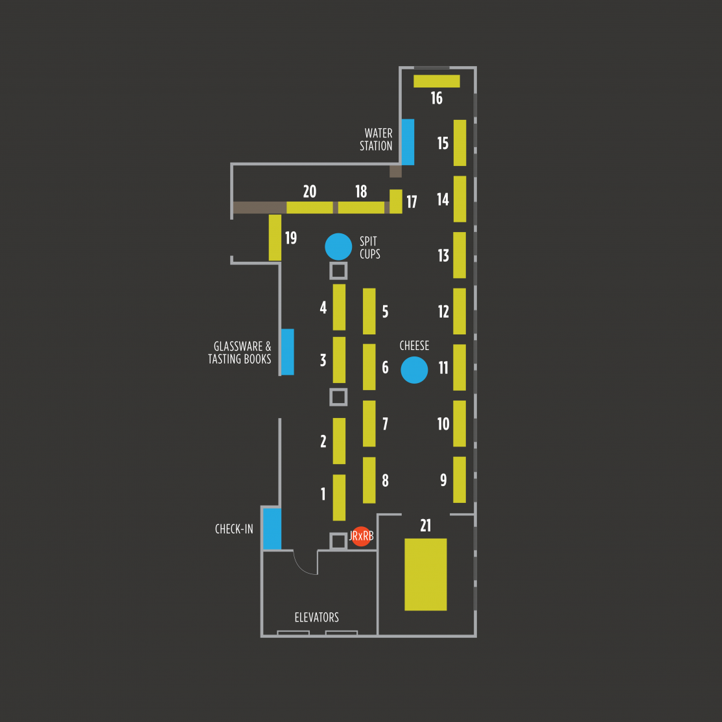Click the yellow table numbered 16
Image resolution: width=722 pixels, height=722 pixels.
pyautogui.click(x=437, y=81)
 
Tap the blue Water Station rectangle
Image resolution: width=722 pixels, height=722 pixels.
pyautogui.click(x=408, y=142)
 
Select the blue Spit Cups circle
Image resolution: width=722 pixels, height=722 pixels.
pyautogui.click(x=338, y=247)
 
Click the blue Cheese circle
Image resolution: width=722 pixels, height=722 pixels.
pyautogui.click(x=414, y=369)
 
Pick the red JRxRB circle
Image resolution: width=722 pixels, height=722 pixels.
pyautogui.click(x=361, y=537)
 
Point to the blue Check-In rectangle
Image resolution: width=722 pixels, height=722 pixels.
pyautogui.click(x=272, y=529)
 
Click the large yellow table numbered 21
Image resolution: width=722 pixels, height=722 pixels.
pyautogui.click(x=425, y=574)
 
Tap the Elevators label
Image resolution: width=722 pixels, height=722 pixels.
pyautogui.click(x=317, y=617)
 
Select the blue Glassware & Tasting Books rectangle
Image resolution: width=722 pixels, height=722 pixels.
pyautogui.click(x=288, y=352)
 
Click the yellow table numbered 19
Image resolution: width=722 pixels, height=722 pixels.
pyautogui.click(x=275, y=238)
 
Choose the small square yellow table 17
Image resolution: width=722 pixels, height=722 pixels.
pyautogui.click(x=396, y=201)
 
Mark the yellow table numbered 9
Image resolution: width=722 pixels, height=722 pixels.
pyautogui.click(x=460, y=480)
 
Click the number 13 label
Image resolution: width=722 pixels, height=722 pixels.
pyautogui.click(x=443, y=255)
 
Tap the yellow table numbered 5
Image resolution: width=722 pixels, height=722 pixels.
pyautogui.click(x=369, y=311)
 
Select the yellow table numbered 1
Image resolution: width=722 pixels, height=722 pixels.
pyautogui.click(x=340, y=497)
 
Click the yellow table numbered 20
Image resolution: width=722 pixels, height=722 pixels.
pyautogui.click(x=310, y=207)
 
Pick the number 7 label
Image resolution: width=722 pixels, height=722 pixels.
pyautogui.click(x=386, y=424)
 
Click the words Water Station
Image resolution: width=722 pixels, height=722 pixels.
pyautogui.click(x=376, y=139)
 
